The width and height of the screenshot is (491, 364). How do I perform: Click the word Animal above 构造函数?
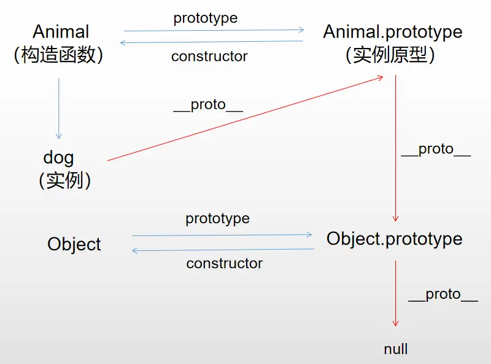61,31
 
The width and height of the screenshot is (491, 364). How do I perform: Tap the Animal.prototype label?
393,31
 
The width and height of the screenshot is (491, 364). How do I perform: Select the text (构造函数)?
58,55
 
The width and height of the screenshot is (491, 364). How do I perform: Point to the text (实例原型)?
390,55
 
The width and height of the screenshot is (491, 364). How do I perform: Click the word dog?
58,157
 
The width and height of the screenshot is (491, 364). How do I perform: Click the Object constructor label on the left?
74,244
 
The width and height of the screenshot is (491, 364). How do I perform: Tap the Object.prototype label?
394,239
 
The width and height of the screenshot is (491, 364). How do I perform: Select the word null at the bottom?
396,349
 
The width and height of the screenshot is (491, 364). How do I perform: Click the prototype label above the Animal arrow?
205,18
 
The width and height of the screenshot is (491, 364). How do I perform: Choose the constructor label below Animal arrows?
209,57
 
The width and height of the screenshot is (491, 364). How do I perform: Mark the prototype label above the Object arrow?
217,218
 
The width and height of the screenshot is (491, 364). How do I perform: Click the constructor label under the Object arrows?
224,264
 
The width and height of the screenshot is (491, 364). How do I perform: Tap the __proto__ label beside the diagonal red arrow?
208,105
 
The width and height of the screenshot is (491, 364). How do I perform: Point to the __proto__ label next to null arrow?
443,295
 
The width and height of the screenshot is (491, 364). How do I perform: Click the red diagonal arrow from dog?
245,118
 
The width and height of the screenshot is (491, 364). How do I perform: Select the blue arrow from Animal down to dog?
59,108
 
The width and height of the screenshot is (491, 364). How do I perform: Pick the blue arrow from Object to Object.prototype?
222,235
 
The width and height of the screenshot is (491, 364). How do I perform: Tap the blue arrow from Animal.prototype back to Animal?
212,42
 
